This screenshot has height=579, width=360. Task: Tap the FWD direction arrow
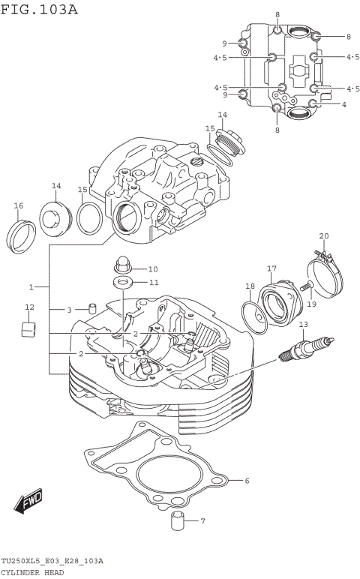coord(30,502)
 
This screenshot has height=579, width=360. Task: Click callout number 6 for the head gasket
coord(247,481)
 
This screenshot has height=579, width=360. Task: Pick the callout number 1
coord(31,287)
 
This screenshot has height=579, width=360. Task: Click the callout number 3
coord(69,310)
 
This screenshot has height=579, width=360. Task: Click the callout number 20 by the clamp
coord(323,236)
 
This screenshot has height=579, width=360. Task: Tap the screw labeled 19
coord(307,286)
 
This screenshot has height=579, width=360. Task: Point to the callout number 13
coord(303,324)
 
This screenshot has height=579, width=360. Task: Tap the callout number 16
coord(18,205)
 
